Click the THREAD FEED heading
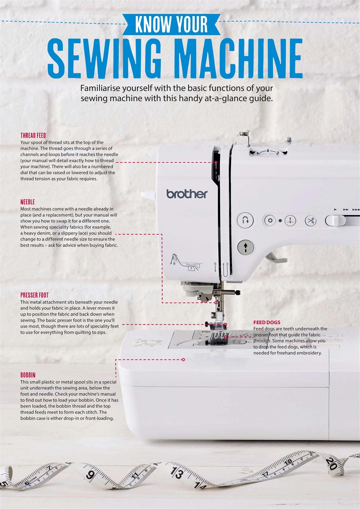pos(33,136)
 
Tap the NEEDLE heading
pos(27,202)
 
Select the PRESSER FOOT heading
pos(35,295)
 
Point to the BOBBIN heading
pos(28,375)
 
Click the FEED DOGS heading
pos(267,322)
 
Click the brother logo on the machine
pos(187,194)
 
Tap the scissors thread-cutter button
pos(310,220)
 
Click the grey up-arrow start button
pos(246,247)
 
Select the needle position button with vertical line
pos(290,220)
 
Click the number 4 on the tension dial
pos(268,151)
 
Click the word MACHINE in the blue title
pos(235,58)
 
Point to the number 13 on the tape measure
pos(177,474)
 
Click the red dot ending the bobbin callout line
pos(183,360)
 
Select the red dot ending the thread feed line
pos(216,163)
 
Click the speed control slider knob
pos(335,221)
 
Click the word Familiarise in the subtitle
pos(100,88)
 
